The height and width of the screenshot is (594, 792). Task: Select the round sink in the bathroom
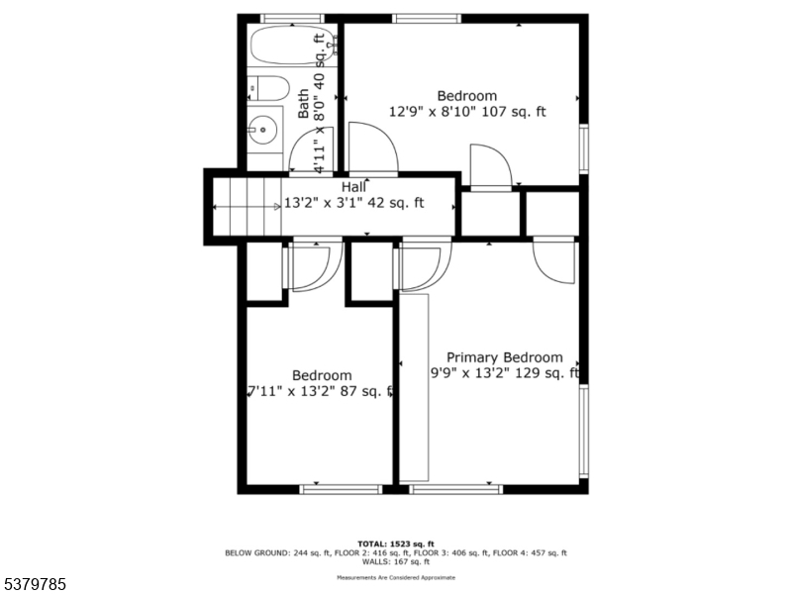point(262,128)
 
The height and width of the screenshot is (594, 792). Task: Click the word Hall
point(354,187)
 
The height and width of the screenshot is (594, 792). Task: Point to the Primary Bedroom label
point(504,357)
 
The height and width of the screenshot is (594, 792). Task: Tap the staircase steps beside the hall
point(247,206)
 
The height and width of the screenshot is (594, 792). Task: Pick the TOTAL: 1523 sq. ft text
point(395,544)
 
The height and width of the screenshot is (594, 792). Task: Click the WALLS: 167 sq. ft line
point(395,561)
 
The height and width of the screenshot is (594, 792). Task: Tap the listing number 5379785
point(34,585)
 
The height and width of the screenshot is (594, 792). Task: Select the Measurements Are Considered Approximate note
point(395,576)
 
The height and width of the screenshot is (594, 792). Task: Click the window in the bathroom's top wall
point(292,18)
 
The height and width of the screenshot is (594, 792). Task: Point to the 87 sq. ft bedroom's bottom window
point(341,488)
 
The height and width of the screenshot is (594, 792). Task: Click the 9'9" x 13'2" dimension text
point(504,373)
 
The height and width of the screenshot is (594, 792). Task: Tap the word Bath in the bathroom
point(303,103)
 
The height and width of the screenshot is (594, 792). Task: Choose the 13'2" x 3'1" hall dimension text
point(354,203)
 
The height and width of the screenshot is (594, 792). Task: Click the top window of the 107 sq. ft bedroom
point(426,18)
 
